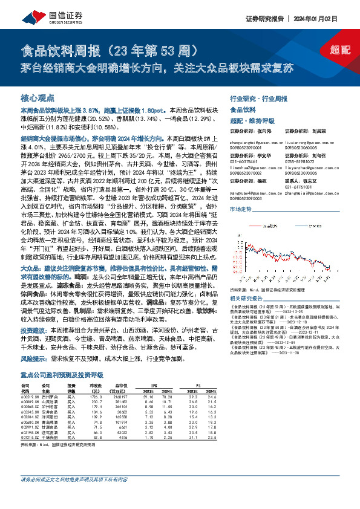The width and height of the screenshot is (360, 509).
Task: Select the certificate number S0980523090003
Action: point(248,198)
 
